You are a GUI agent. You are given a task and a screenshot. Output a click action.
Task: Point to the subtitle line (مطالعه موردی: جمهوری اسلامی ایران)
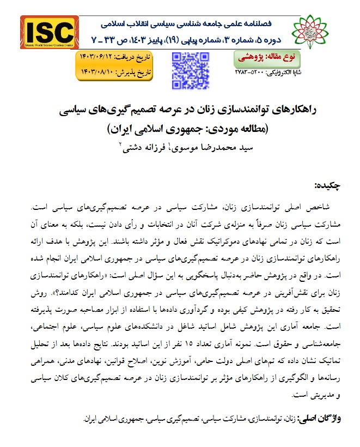(x=180, y=130)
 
